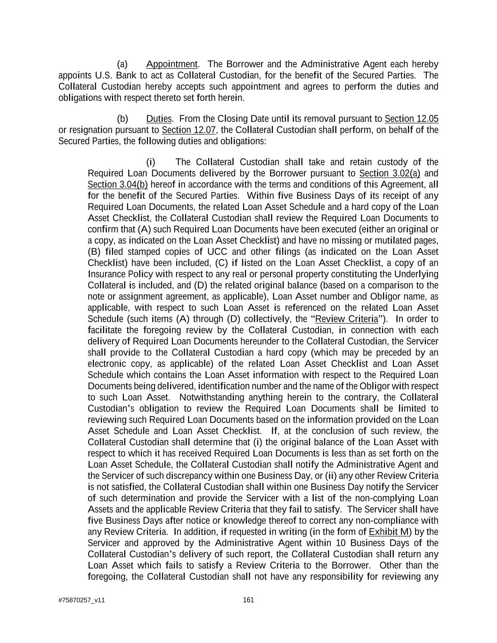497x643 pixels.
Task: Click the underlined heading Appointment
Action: pos(172,64)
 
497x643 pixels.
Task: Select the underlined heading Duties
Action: pos(159,119)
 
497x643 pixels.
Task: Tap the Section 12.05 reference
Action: pos(411,119)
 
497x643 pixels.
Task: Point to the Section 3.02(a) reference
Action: pos(390,173)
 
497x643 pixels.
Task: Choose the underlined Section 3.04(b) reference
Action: pos(117,185)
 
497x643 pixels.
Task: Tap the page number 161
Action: pos(248,600)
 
